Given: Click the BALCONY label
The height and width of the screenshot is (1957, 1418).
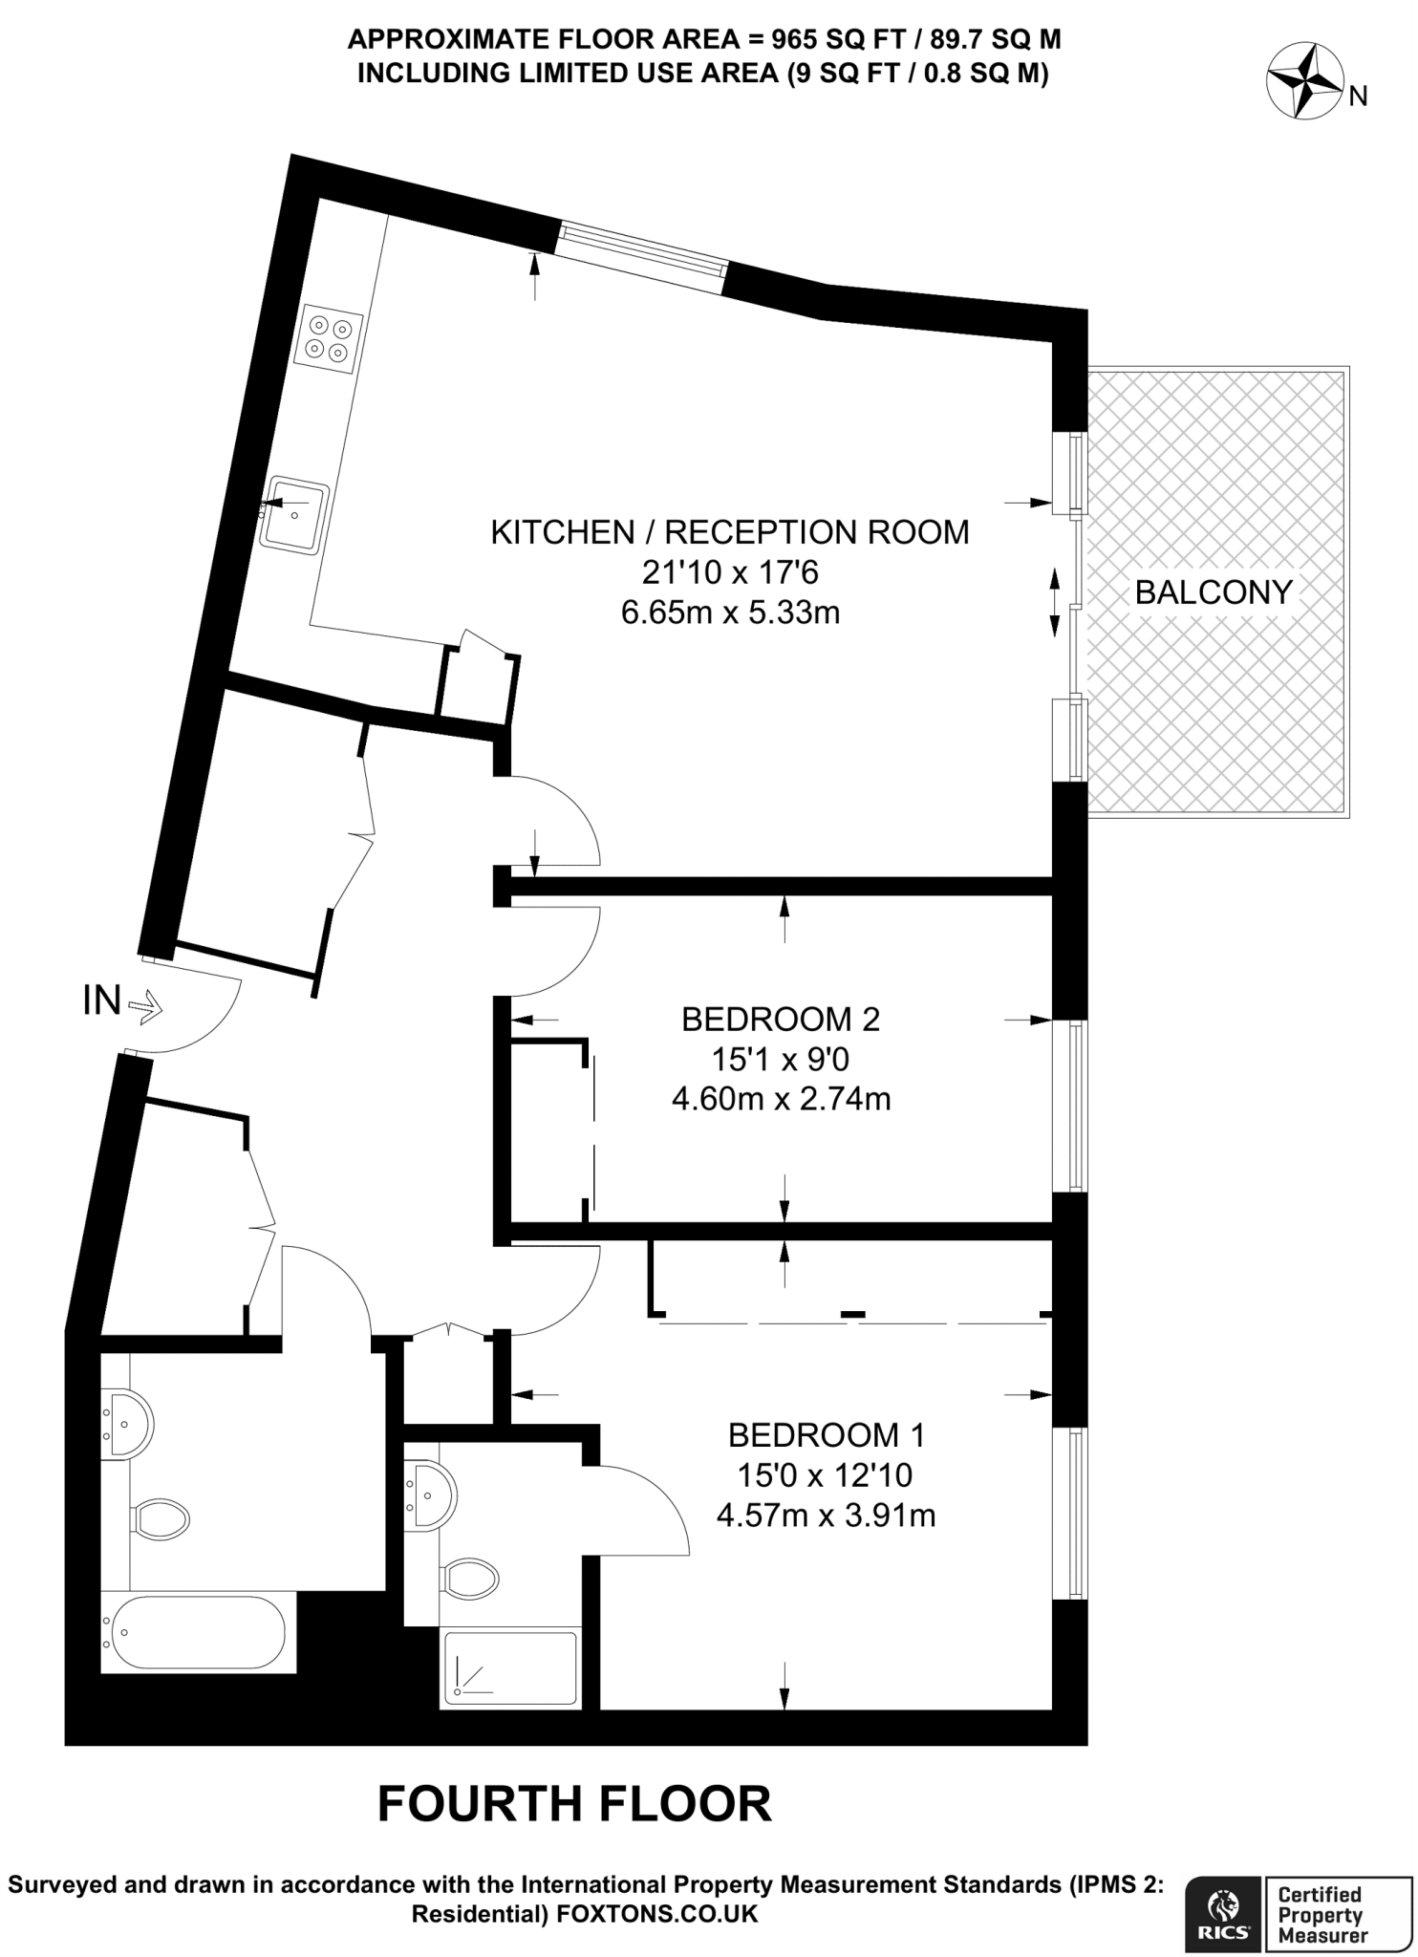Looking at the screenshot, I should coord(1213,592).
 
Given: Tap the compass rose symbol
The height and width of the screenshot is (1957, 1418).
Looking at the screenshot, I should coord(1305,84).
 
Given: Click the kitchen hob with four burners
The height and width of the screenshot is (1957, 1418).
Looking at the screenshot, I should coord(330,338).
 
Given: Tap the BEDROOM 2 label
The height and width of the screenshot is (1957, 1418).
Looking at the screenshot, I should coord(780,1020).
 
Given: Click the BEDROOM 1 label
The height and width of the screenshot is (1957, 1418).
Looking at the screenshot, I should coord(826,1434).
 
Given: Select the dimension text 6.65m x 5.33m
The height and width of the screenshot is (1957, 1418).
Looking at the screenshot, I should coord(730,612).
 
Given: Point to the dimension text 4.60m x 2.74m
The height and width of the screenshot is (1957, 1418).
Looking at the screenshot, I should coord(781,1099).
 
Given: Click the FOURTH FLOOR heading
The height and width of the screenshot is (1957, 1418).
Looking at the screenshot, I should coord(574,1804).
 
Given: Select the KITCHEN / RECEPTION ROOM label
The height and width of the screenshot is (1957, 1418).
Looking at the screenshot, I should coord(730,532).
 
